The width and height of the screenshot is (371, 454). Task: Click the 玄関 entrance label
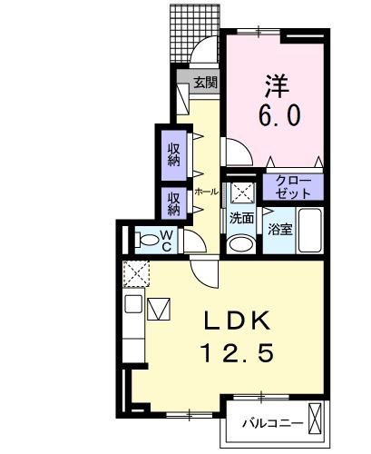[x=205, y=83]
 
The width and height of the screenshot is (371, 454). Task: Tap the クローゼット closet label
[x=292, y=188]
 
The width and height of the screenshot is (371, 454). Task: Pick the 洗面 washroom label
[x=241, y=218]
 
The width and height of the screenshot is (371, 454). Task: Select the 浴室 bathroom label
[x=279, y=229]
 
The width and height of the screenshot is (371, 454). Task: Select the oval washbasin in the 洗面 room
[x=240, y=243]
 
